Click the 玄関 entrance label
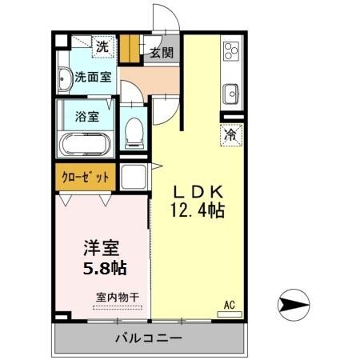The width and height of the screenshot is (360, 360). coord(162,54)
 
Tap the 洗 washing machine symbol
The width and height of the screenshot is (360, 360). coord(102,47)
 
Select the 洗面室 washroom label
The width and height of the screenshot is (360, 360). coord(93,78)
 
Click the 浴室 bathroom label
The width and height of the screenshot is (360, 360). coord(87,116)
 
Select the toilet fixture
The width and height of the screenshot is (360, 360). coord(134,129)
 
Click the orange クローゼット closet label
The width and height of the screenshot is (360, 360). coord(85,178)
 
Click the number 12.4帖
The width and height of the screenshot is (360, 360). coord(197,211)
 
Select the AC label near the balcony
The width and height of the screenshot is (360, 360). coord(230,303)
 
